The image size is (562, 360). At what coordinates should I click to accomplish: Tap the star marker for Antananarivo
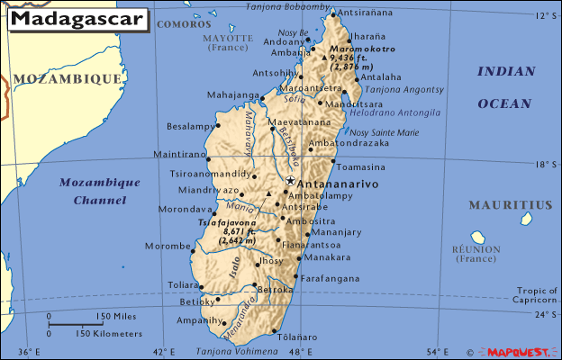(x=290, y=181)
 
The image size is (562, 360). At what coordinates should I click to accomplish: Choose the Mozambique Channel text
(x=100, y=191)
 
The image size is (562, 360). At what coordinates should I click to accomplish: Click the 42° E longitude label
(x=164, y=351)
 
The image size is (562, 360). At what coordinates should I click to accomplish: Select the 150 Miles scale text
(x=117, y=317)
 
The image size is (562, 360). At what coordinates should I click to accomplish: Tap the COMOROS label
(x=184, y=24)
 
